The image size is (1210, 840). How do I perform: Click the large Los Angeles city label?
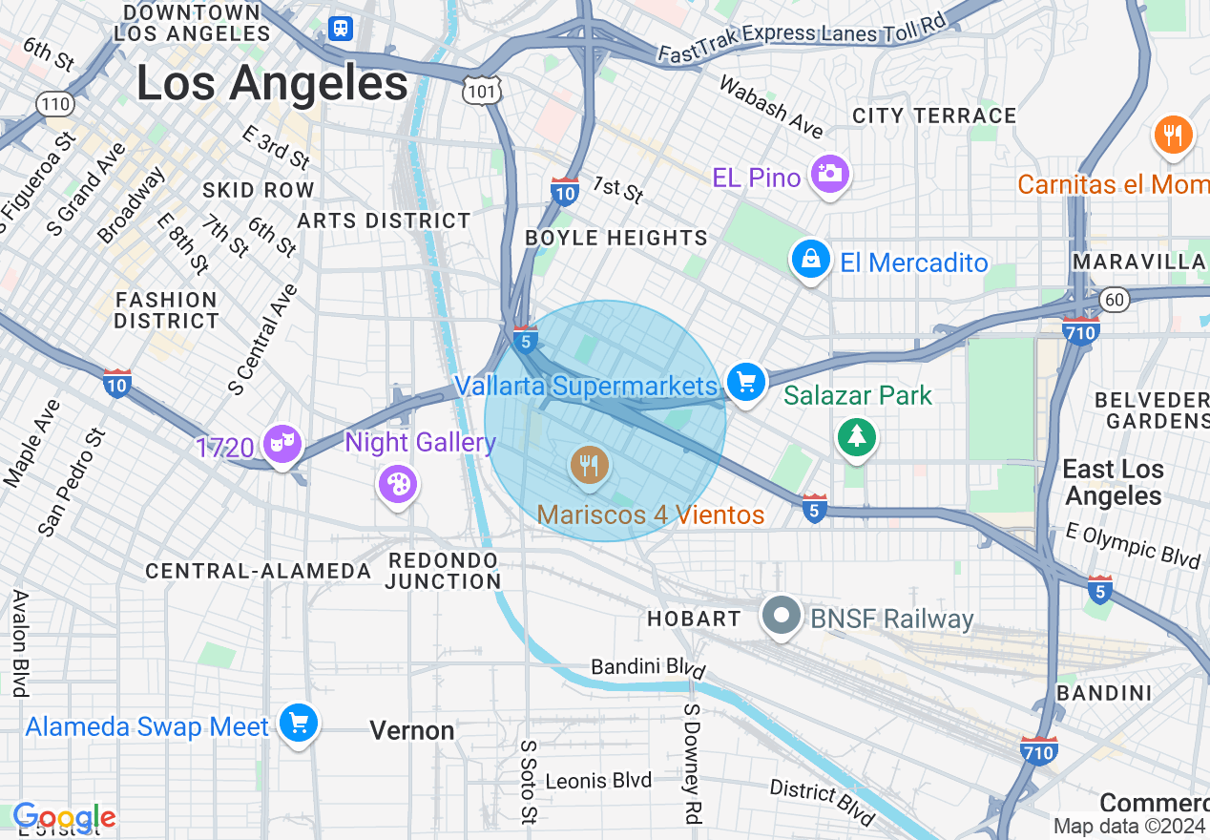272,83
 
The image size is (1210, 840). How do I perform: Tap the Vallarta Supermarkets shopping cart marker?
746,383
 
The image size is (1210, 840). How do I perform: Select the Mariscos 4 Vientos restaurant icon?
589,466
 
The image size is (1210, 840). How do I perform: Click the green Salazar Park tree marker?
857,437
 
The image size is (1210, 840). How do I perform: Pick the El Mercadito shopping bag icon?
809,260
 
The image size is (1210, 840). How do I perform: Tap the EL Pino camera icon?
829,174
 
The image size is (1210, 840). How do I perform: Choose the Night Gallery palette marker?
397,483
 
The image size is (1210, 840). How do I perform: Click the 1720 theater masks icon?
282,444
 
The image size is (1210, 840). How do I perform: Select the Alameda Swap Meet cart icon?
299,724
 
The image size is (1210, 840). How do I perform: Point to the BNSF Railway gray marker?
782,617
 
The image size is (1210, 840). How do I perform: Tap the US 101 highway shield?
479,91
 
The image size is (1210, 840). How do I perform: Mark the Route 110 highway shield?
53,102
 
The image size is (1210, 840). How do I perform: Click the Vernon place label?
412,731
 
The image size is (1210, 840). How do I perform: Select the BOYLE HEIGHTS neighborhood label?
616,238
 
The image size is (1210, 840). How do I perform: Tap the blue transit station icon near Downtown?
341,29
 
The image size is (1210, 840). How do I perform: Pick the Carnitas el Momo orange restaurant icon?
1173,136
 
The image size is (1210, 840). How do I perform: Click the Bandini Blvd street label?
647,666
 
